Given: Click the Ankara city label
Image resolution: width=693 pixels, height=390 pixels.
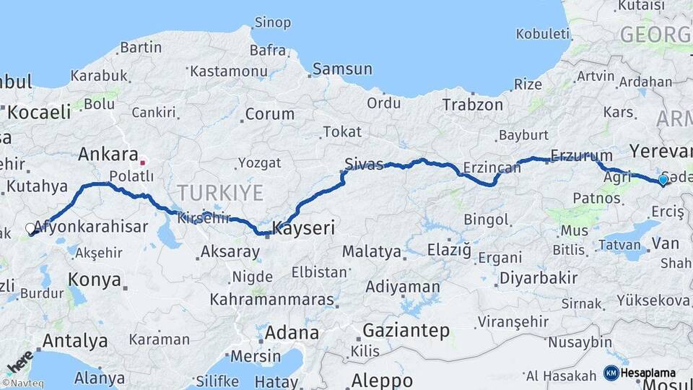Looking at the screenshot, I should (108, 154).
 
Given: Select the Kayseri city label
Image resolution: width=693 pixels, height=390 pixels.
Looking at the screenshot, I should (303, 229).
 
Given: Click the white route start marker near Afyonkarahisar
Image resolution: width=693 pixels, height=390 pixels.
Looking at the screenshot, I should (30, 228).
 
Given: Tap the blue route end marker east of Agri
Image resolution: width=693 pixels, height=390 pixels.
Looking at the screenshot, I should (663, 179).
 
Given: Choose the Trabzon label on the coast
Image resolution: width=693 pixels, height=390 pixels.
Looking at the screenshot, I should (472, 105).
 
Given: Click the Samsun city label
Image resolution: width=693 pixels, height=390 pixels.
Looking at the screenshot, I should (343, 69).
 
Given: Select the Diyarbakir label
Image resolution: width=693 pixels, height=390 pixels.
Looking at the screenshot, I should (539, 277).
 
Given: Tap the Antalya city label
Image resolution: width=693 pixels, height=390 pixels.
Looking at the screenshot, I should (75, 340).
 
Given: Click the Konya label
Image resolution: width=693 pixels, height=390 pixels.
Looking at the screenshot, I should (94, 279).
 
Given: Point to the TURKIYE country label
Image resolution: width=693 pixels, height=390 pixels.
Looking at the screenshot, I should (220, 192).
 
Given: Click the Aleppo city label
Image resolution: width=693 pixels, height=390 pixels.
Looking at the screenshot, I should (382, 380).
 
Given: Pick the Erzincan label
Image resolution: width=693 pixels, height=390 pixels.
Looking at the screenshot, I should (492, 168).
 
